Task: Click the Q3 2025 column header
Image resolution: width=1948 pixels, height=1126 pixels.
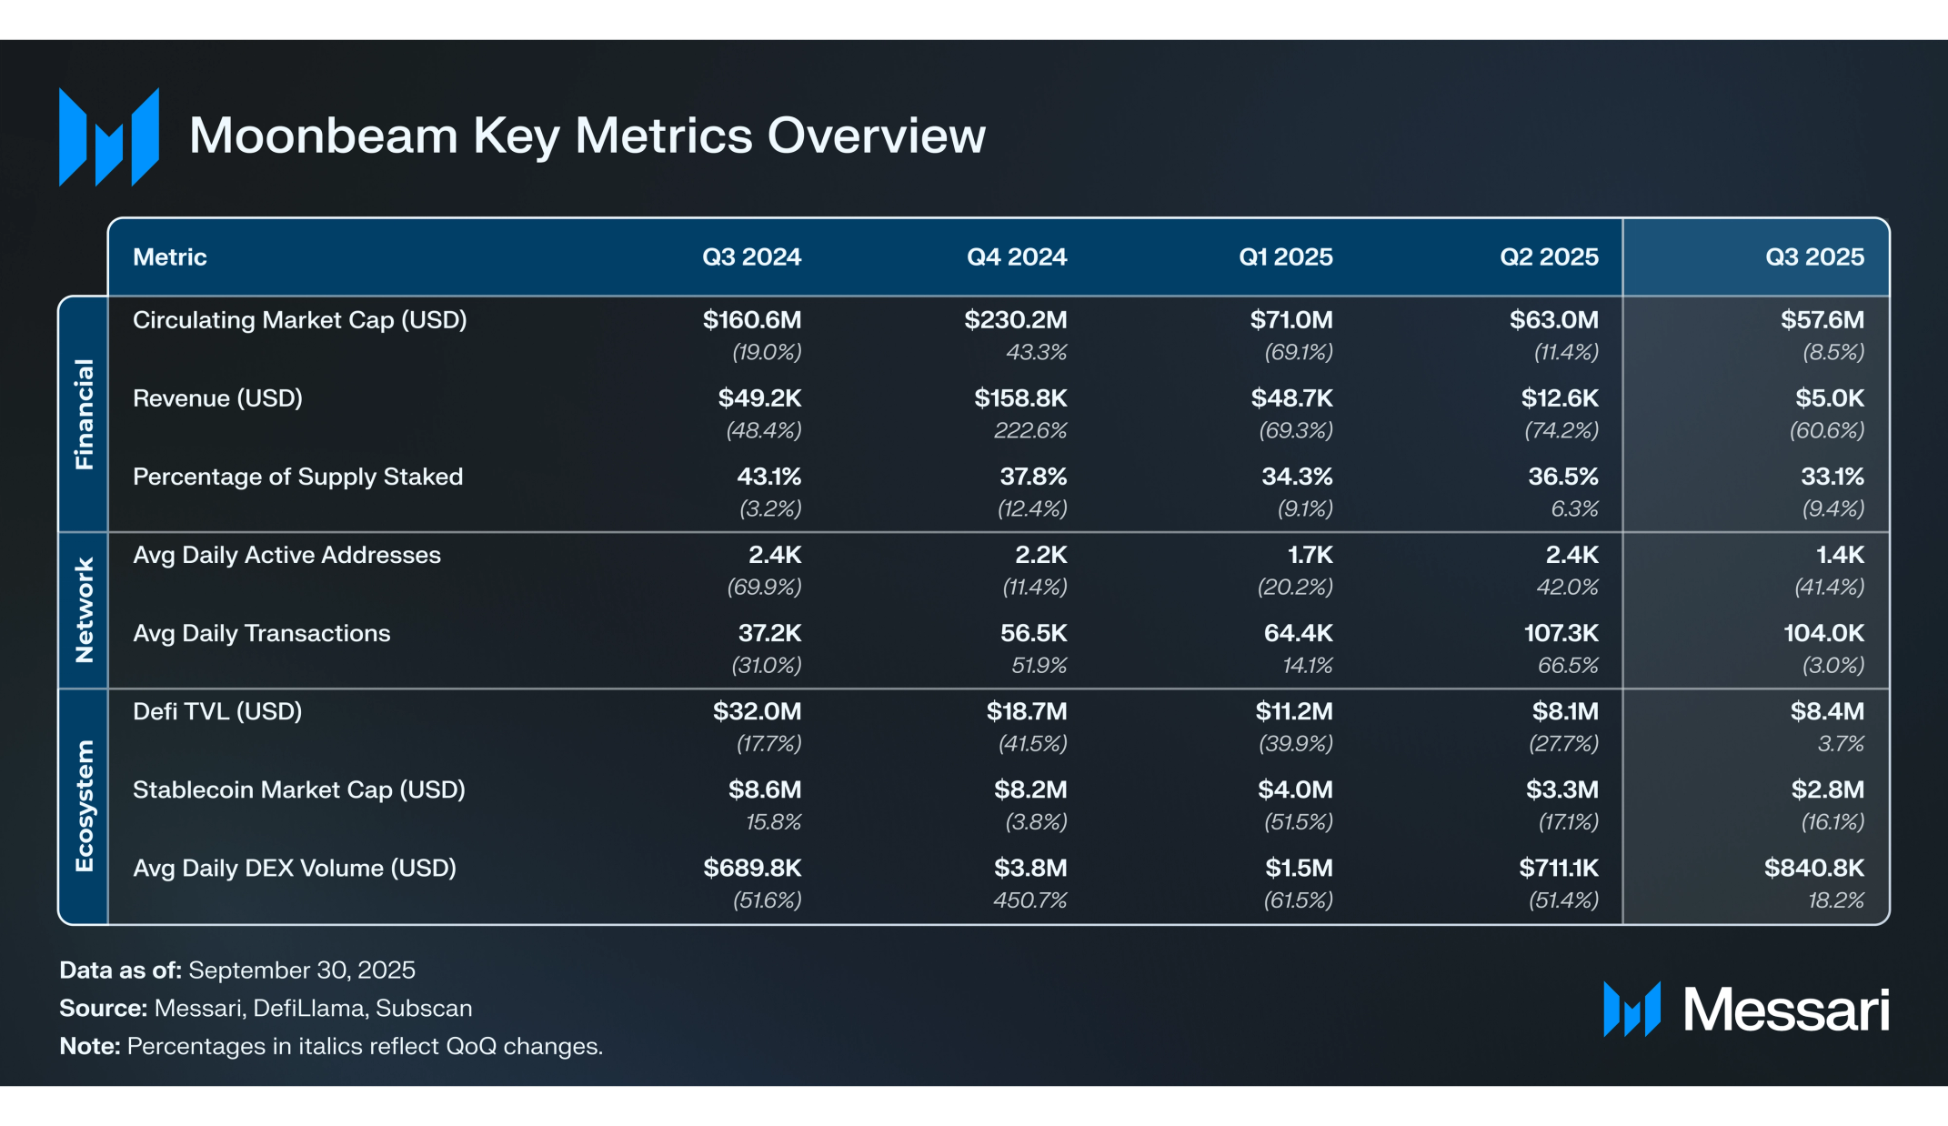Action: pos(1814,257)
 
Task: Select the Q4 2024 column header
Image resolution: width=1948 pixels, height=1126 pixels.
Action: pos(1016,257)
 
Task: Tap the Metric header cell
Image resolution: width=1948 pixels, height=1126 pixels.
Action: pos(170,257)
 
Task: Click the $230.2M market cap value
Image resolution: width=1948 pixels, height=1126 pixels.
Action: pos(1015,320)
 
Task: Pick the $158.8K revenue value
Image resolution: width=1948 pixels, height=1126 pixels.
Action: pos(1020,398)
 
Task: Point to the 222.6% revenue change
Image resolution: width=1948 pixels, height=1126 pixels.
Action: pos(1029,430)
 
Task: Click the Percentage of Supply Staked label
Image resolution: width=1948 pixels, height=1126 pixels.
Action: pos(297,477)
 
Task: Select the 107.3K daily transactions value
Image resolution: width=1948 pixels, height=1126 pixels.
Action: pos(1561,633)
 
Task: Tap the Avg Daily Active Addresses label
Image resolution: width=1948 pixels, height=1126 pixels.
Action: pos(286,555)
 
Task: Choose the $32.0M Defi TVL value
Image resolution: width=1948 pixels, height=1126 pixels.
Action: pos(757,711)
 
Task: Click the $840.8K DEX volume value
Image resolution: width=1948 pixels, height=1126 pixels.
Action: pos(1813,868)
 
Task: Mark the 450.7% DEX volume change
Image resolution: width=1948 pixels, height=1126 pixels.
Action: pos(1029,900)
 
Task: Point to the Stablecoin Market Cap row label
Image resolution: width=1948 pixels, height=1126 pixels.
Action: pos(298,789)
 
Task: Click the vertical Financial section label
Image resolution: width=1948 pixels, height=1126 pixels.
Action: pos(84,414)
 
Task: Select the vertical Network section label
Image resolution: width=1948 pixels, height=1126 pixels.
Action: pos(84,610)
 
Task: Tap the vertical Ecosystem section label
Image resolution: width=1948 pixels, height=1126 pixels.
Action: pos(84,806)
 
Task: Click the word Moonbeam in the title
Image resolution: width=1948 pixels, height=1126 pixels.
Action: pos(323,136)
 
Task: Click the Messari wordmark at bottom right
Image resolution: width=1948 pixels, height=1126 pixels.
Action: pos(1785,1010)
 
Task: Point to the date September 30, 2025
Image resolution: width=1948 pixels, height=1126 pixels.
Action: pos(302,970)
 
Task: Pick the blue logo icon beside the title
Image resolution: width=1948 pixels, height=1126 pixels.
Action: pos(109,136)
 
